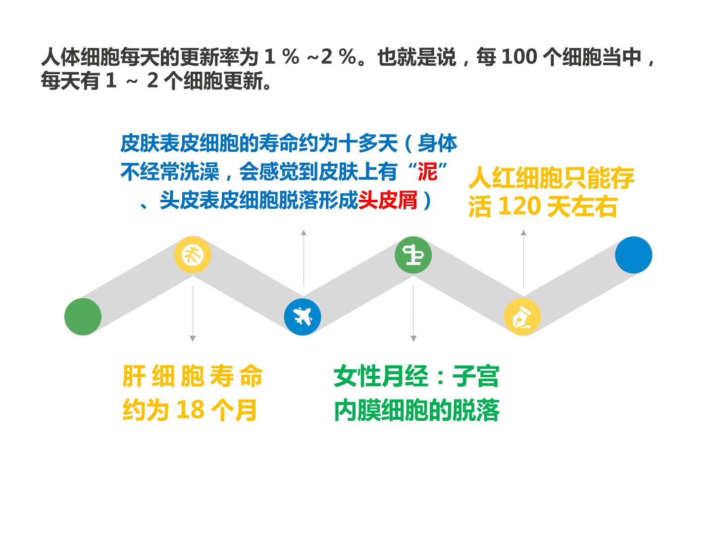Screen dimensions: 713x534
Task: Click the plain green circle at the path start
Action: click(x=83, y=316)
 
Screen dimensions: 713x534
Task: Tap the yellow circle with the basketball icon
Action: click(x=193, y=255)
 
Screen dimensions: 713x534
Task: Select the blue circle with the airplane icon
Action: click(x=303, y=317)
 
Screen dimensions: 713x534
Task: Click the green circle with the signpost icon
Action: click(x=413, y=255)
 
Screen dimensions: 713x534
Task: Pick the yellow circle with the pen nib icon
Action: click(x=522, y=317)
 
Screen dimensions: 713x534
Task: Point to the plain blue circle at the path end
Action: click(x=633, y=255)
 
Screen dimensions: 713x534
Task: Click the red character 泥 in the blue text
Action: click(x=427, y=172)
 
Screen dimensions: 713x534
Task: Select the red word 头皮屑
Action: click(x=388, y=200)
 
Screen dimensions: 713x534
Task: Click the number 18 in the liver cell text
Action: click(x=190, y=410)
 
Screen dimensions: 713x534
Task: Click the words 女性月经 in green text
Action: click(x=381, y=376)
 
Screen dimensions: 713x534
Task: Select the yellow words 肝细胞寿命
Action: click(x=192, y=376)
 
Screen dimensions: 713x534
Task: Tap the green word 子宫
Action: click(x=476, y=376)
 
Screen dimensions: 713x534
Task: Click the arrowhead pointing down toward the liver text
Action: click(x=193, y=339)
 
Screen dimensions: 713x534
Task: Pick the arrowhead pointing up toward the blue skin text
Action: click(x=304, y=232)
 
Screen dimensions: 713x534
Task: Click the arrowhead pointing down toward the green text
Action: click(x=413, y=339)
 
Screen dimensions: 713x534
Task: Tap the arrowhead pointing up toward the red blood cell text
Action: click(x=523, y=232)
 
